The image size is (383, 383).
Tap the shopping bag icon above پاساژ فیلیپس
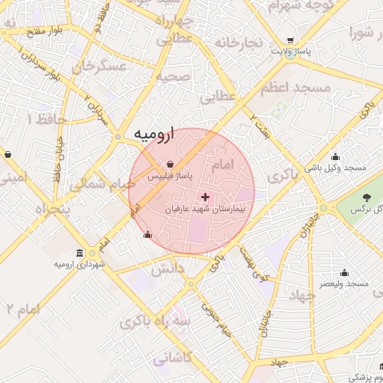(x=171, y=165)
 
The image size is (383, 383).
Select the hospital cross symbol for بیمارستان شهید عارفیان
(x=206, y=197)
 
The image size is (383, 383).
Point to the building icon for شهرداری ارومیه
(x=80, y=253)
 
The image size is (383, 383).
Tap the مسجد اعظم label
(x=295, y=88)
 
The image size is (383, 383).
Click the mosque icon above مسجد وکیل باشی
(x=334, y=156)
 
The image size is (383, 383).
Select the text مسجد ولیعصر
(x=343, y=284)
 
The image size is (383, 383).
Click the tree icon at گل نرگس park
(x=366, y=197)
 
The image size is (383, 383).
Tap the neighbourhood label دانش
(x=169, y=270)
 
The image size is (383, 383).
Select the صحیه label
(x=174, y=76)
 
